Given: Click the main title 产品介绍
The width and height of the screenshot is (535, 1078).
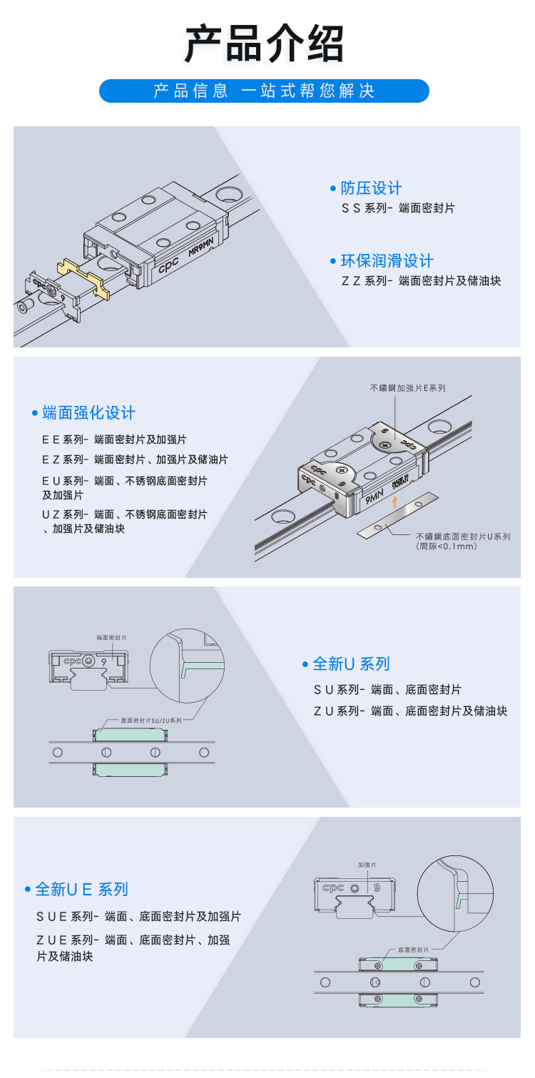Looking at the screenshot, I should pos(265,44).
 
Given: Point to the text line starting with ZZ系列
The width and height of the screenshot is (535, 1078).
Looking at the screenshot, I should pos(421,281).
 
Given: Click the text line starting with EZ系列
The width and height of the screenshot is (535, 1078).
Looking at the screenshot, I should pos(135,460).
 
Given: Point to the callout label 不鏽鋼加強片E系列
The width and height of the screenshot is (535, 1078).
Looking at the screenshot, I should pos(407,388).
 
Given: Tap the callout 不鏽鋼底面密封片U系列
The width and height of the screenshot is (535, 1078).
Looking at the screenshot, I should pos(463,537).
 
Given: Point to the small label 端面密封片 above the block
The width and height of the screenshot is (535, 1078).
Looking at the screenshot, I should pos(111,638).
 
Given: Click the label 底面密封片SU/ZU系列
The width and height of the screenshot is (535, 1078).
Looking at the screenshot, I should pos(151,721).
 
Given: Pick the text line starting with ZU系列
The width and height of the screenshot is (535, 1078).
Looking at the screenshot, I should pos(410,711).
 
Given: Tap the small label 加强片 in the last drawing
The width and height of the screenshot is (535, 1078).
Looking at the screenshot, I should pos(367,865).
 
